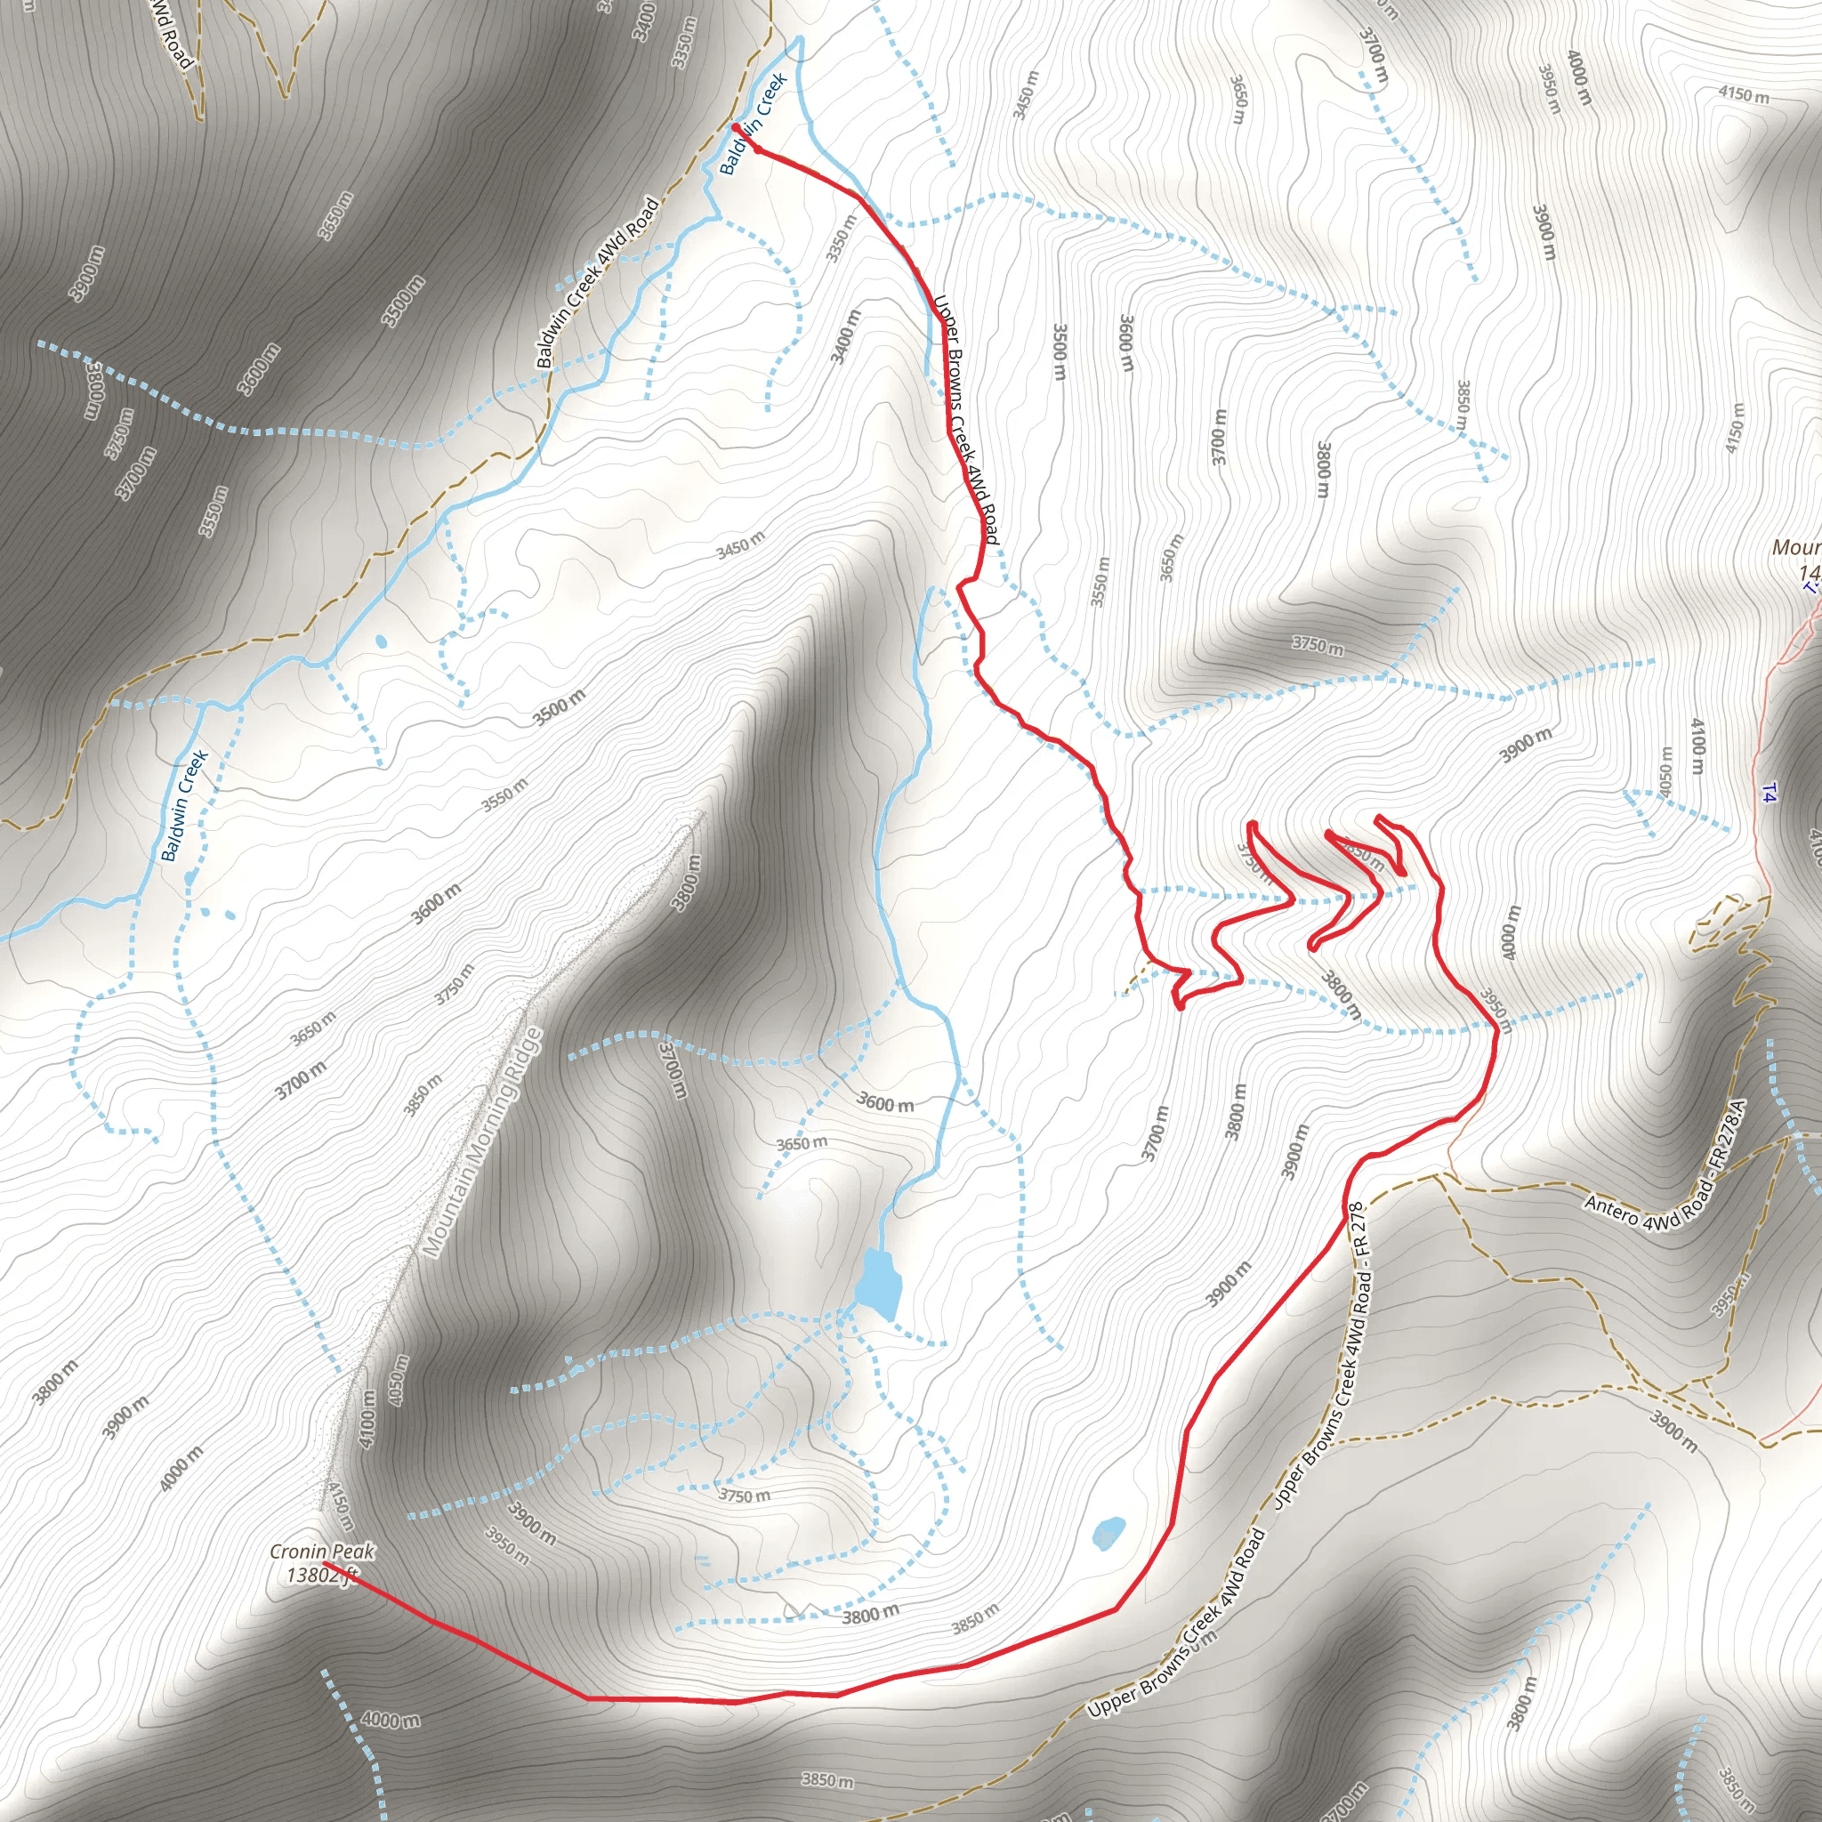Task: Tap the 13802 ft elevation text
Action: (321, 1574)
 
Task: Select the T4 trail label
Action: (1769, 793)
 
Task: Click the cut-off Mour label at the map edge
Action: (1794, 548)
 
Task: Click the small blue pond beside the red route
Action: (1109, 1533)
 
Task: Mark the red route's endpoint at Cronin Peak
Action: (326, 1562)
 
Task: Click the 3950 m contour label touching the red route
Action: (1495, 1010)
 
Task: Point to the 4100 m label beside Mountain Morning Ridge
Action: (367, 1418)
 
